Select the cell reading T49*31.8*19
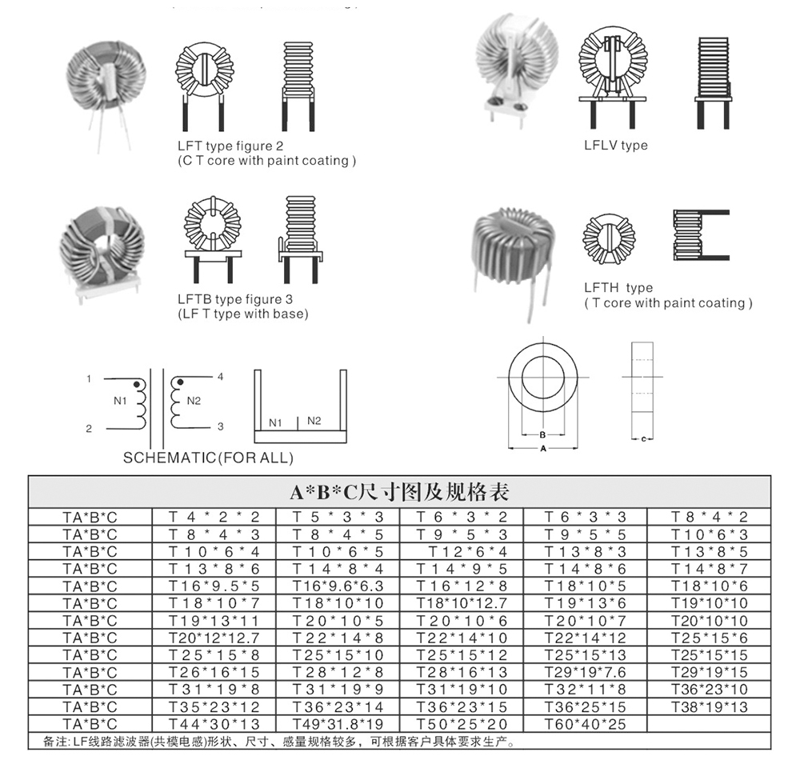tap(338, 725)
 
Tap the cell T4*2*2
tap(214, 518)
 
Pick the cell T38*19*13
tap(709, 707)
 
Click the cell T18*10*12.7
tap(462, 603)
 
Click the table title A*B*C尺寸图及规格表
tap(399, 491)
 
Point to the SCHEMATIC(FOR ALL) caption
tap(208, 458)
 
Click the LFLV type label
tap(615, 146)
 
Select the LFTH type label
tap(618, 288)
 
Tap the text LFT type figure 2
tap(230, 146)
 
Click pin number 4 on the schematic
tap(220, 377)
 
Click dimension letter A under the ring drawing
tap(543, 450)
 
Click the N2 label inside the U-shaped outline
tap(314, 421)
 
